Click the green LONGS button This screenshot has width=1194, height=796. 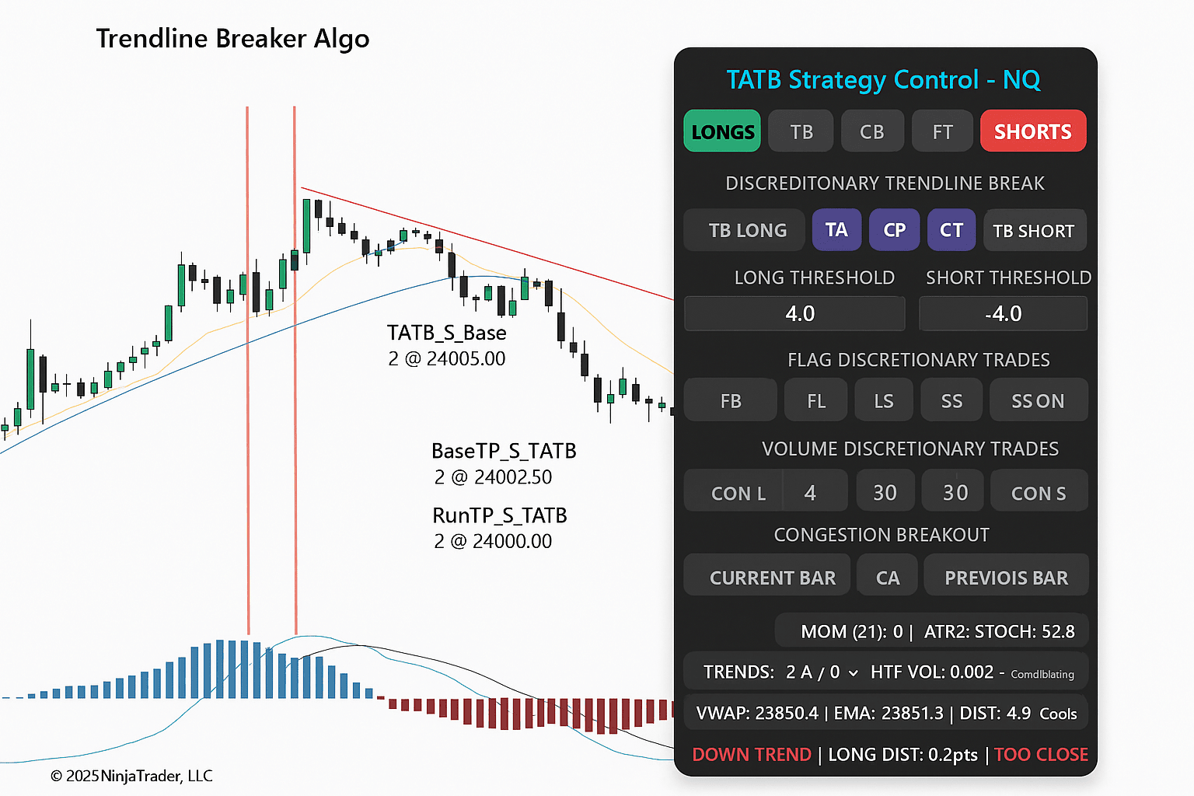click(x=722, y=131)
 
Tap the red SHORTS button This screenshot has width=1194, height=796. click(x=1033, y=131)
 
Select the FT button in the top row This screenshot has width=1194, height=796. click(x=942, y=131)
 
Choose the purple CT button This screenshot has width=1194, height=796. click(x=951, y=230)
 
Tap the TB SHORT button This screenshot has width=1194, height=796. click(x=1035, y=230)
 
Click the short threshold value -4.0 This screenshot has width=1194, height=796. click(x=1004, y=313)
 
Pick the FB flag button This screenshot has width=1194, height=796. click(x=730, y=400)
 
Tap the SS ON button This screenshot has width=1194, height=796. click(x=1039, y=400)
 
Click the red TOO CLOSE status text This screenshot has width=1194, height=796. click(x=1041, y=755)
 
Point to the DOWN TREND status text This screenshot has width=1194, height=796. click(x=752, y=755)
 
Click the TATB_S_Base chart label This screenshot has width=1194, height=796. click(x=447, y=333)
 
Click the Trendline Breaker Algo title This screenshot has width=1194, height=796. click(x=233, y=39)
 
